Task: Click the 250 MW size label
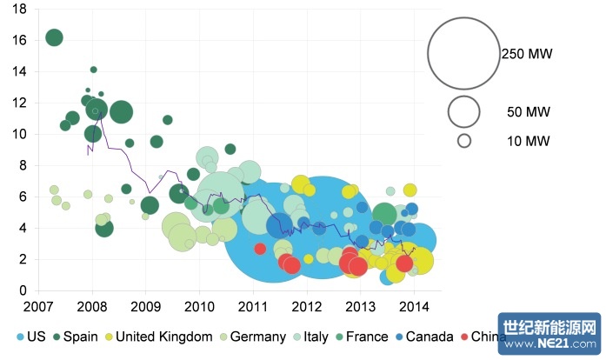pos(527,54)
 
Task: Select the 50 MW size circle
pos(465,111)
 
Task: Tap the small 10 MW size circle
pos(465,140)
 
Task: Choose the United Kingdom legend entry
pos(156,337)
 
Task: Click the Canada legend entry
pos(423,337)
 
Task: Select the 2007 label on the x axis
pos(38,306)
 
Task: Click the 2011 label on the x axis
pos(253,306)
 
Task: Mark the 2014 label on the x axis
pos(413,306)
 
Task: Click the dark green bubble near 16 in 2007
pos(54,37)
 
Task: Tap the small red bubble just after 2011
pos(260,249)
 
